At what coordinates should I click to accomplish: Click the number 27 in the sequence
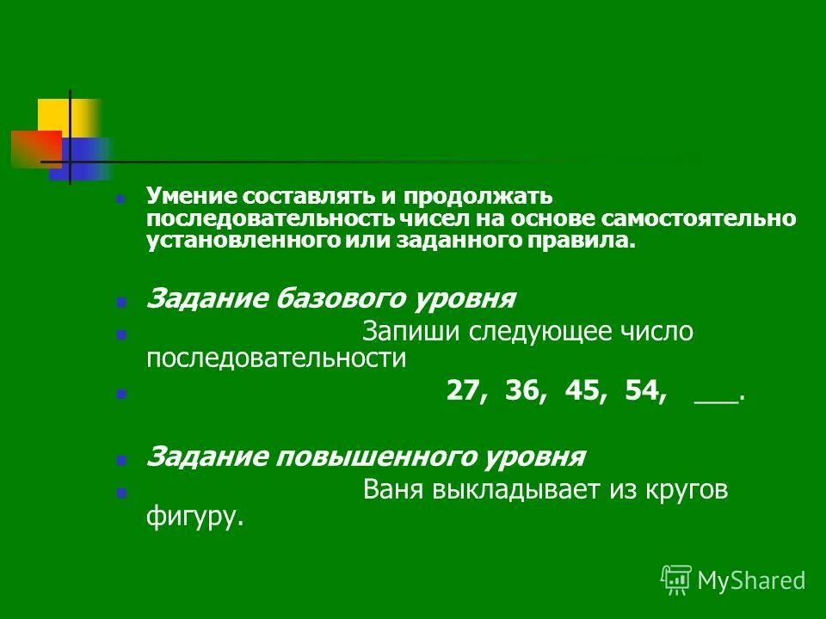point(465,391)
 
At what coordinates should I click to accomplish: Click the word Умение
point(188,197)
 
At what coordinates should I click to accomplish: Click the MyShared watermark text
point(751,580)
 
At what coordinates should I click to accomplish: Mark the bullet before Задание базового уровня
point(121,303)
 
